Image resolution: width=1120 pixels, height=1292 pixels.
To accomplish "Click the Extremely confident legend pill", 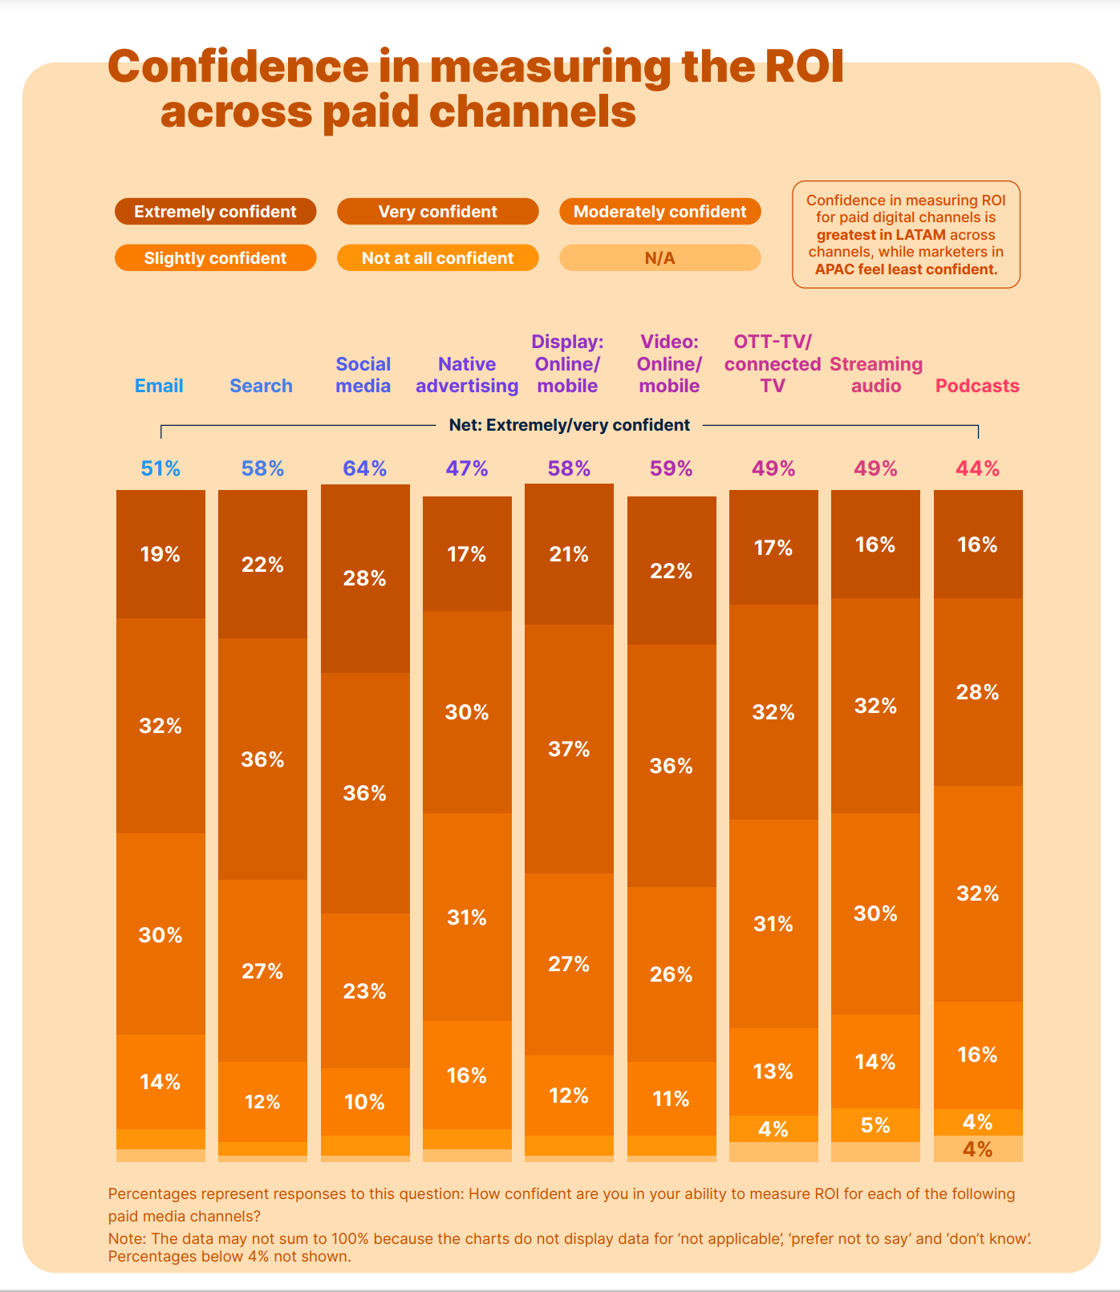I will coord(215,212).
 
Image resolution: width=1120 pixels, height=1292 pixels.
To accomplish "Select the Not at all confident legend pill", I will coord(437,258).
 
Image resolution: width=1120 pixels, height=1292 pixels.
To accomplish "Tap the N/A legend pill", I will coord(659,258).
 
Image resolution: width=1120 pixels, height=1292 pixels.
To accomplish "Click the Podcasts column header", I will coord(977,386).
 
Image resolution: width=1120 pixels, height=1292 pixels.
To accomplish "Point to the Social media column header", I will coord(363,375).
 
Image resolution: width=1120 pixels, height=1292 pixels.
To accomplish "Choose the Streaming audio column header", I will coord(876,375).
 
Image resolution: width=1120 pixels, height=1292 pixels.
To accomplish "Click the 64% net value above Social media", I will coord(365,468).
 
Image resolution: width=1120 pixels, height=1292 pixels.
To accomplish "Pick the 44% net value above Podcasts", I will coord(977,468).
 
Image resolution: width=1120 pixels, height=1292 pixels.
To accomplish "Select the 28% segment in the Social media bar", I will coord(365,578).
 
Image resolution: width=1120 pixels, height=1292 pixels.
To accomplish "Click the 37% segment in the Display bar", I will coord(569,749).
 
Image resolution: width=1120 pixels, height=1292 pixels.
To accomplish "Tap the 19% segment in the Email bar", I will coord(160,554).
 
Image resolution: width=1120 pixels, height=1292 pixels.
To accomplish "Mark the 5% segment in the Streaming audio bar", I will coord(875,1125).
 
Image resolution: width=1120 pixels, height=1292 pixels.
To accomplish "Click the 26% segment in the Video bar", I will coord(672,974).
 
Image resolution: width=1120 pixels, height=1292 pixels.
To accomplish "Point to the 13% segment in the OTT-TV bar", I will coord(773,1071).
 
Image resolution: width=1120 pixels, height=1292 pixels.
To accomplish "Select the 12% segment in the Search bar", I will coord(262,1102).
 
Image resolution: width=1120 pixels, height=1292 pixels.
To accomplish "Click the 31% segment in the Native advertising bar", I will coord(467,917).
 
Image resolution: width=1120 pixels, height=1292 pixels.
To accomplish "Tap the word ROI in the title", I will coord(804,67).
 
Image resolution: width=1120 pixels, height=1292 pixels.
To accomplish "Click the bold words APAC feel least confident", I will coord(906,269).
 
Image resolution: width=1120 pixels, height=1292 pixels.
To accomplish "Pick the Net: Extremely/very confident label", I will coord(569,425).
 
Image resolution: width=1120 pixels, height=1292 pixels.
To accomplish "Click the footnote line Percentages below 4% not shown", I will coord(229,1257).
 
